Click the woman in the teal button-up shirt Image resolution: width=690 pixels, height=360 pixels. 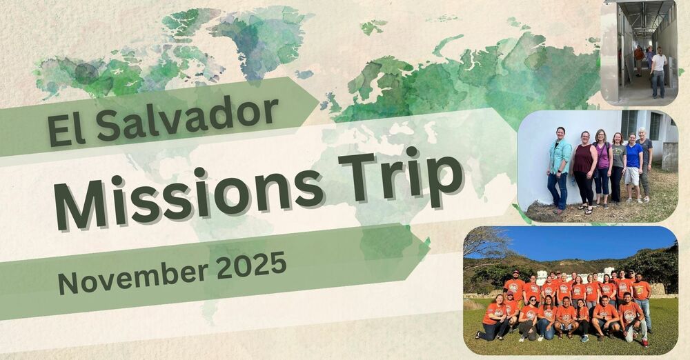click(x=558, y=166)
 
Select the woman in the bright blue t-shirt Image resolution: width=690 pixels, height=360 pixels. click(x=633, y=166)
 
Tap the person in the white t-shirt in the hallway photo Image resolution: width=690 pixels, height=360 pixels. click(x=658, y=70)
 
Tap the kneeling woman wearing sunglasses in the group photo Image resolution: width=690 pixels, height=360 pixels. click(x=532, y=314)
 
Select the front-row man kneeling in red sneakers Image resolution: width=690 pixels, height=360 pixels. click(x=631, y=317)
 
